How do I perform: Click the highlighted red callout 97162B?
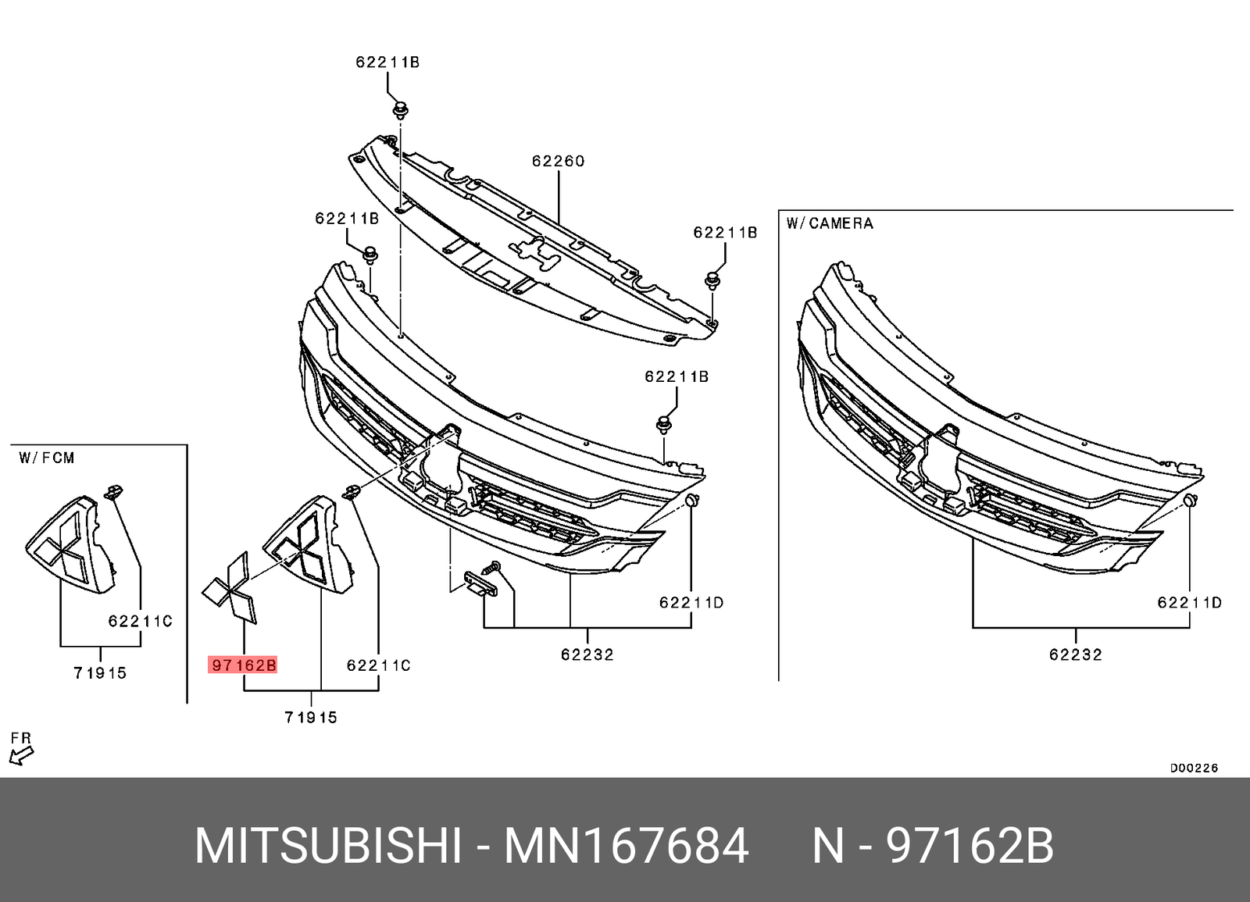[x=243, y=665]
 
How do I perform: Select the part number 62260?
[x=558, y=161]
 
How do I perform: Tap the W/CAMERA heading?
[x=829, y=223]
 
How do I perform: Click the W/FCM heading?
[x=47, y=458]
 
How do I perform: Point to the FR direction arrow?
[x=21, y=754]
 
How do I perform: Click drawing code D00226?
[x=1193, y=768]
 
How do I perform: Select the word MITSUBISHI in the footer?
[x=327, y=846]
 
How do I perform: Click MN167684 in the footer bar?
[x=626, y=846]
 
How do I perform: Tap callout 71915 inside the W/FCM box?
[x=100, y=672]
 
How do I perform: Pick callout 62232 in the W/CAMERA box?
[x=1075, y=654]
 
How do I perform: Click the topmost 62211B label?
[x=387, y=62]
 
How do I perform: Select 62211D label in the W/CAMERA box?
[x=1189, y=602]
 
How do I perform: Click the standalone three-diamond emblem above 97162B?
[x=230, y=587]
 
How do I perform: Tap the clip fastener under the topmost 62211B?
[x=400, y=109]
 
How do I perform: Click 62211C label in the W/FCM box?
[x=140, y=621]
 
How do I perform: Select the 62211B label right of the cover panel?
[x=725, y=233]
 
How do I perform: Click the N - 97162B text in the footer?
[x=933, y=846]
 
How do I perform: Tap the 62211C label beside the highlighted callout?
[x=378, y=665]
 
